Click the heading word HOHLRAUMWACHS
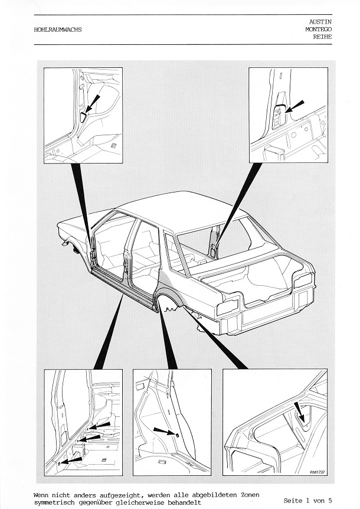pos(58,30)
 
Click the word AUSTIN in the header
pos(320,22)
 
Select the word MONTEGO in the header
pos(318,29)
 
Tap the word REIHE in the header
pos(322,37)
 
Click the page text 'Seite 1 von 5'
pos(307,501)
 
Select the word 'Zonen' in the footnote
pos(250,495)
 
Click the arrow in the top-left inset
pos(92,105)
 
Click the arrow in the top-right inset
pos(295,106)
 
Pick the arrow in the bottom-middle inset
pos(165,432)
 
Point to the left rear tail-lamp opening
pos(228,305)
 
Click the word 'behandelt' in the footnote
pos(182,503)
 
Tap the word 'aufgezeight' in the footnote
pos(123,495)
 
